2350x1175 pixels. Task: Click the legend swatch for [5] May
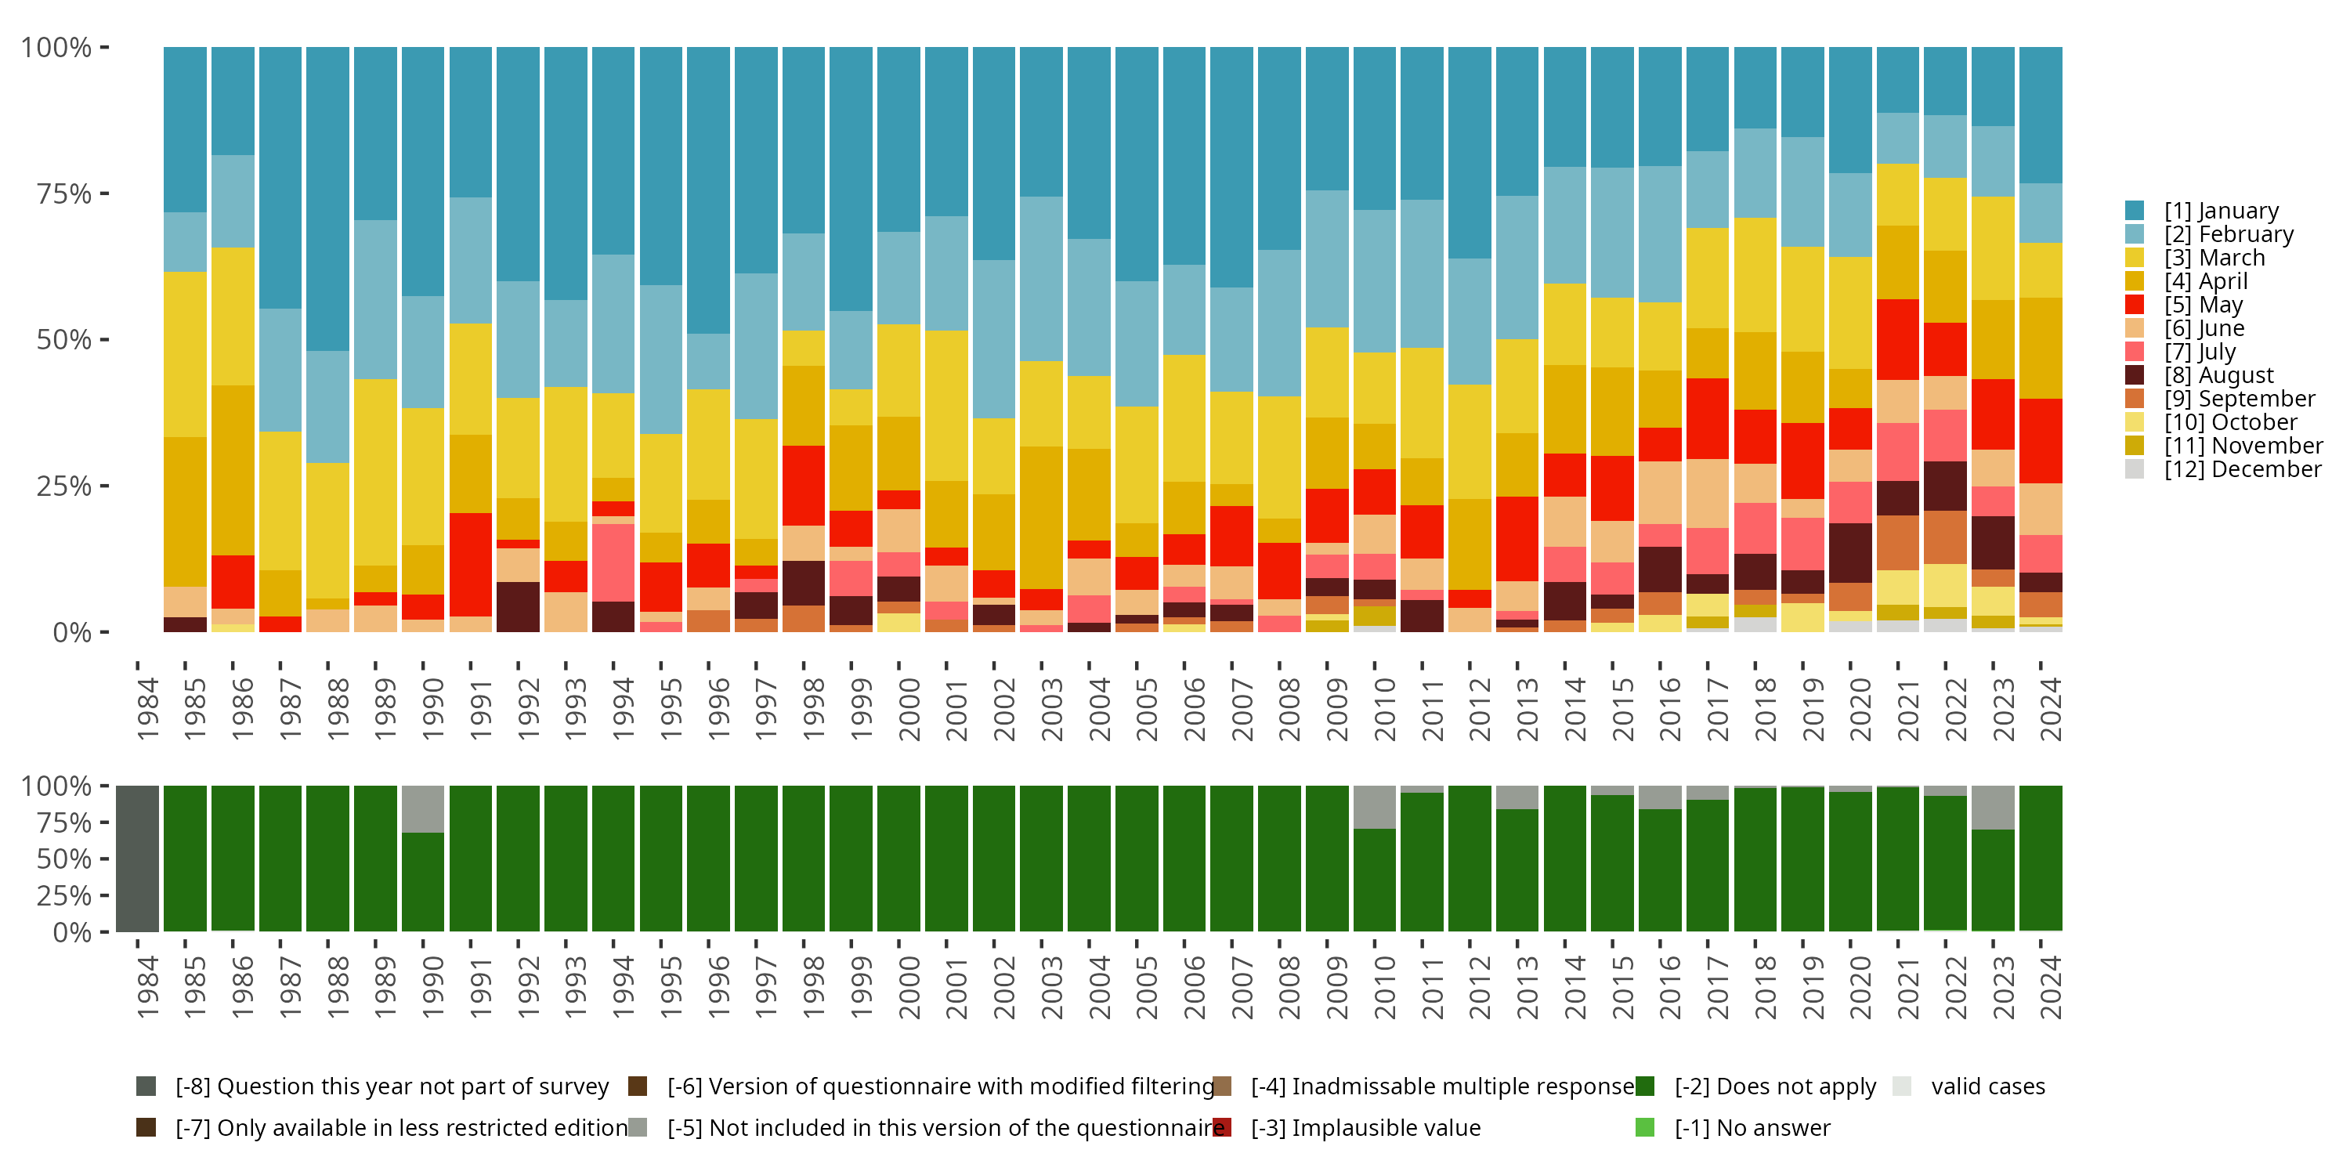coord(2134,305)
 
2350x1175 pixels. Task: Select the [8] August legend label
coord(2218,375)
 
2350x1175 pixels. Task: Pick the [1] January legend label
coord(2222,211)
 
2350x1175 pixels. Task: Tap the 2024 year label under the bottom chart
coord(2050,987)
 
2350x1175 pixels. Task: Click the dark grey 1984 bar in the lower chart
coord(138,859)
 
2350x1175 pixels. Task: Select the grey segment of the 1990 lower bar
coord(423,808)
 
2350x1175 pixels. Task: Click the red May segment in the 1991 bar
coord(471,564)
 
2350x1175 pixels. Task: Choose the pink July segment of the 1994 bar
coord(613,562)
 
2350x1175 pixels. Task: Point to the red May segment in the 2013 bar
coord(1518,538)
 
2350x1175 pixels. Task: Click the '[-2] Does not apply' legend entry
coord(1774,1086)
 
